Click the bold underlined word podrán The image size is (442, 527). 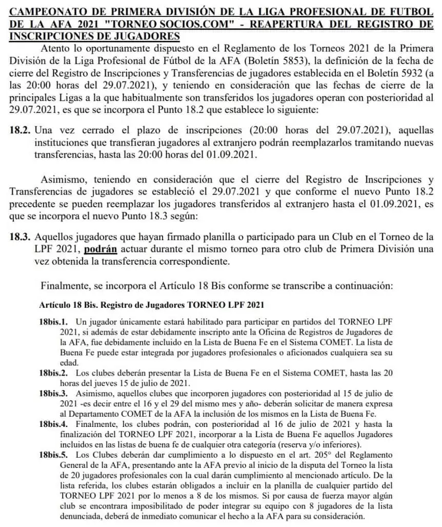coord(102,249)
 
